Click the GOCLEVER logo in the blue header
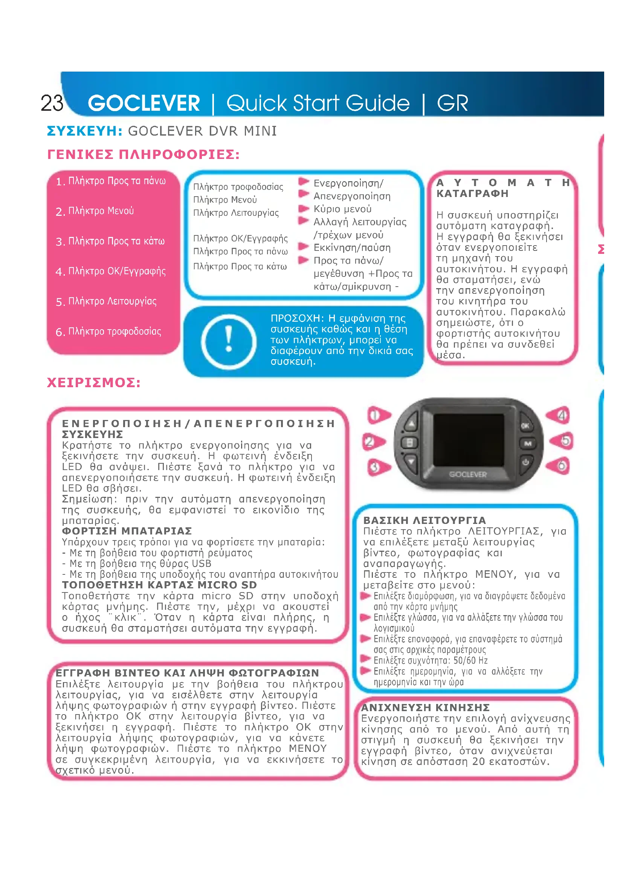(x=144, y=103)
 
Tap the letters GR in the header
(x=452, y=103)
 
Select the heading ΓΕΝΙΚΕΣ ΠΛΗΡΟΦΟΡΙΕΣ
(x=144, y=155)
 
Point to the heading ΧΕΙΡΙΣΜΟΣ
(x=94, y=383)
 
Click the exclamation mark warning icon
(x=229, y=341)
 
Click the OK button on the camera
(x=525, y=425)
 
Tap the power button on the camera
(x=525, y=462)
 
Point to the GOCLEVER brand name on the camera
(x=468, y=474)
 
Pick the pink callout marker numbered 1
(x=378, y=415)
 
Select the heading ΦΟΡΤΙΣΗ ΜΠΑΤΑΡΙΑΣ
(x=127, y=531)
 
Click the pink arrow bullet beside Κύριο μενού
(x=304, y=209)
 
